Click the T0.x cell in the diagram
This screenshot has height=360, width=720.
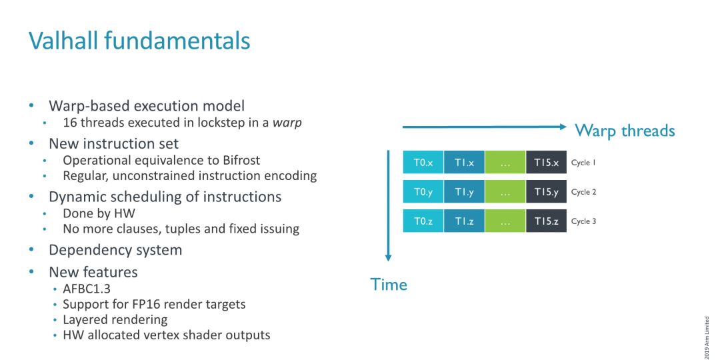pyautogui.click(x=423, y=162)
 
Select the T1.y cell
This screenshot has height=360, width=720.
pyautogui.click(x=464, y=191)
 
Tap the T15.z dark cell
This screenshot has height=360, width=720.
pyautogui.click(x=547, y=221)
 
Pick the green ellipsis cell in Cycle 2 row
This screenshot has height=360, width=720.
pyautogui.click(x=505, y=191)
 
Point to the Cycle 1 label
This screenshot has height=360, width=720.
pyautogui.click(x=583, y=163)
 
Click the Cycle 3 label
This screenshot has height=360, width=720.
pyautogui.click(x=583, y=221)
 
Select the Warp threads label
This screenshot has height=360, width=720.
pyautogui.click(x=625, y=131)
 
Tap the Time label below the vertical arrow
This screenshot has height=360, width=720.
pyautogui.click(x=389, y=285)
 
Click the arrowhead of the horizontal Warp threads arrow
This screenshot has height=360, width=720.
pyautogui.click(x=563, y=127)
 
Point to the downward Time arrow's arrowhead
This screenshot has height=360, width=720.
pyautogui.click(x=388, y=257)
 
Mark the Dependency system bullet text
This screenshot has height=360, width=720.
pyautogui.click(x=115, y=250)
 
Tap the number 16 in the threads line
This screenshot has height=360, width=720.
pyautogui.click(x=69, y=123)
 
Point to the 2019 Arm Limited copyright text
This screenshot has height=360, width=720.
pyautogui.click(x=707, y=337)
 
